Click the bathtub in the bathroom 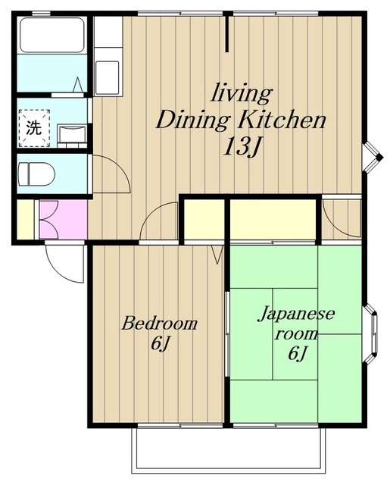(52, 36)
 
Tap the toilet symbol (36, 174)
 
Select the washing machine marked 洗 (34, 128)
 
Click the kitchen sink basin (107, 77)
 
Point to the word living (242, 93)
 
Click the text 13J (242, 147)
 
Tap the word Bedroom (159, 324)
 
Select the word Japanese (296, 314)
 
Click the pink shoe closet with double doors (64, 219)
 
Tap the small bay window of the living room (373, 158)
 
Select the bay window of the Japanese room (372, 333)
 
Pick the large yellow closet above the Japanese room (273, 219)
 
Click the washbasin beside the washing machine (72, 136)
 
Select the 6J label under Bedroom (161, 343)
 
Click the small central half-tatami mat (295, 334)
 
